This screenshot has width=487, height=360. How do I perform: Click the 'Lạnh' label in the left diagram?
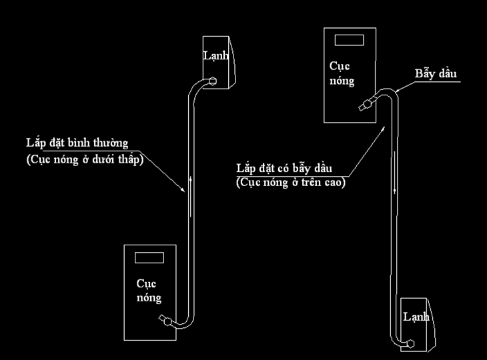(215, 56)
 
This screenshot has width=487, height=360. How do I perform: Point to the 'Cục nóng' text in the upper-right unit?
(342, 73)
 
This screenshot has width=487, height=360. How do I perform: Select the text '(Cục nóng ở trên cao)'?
(291, 182)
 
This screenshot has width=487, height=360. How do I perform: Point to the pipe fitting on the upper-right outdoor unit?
(364, 105)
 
